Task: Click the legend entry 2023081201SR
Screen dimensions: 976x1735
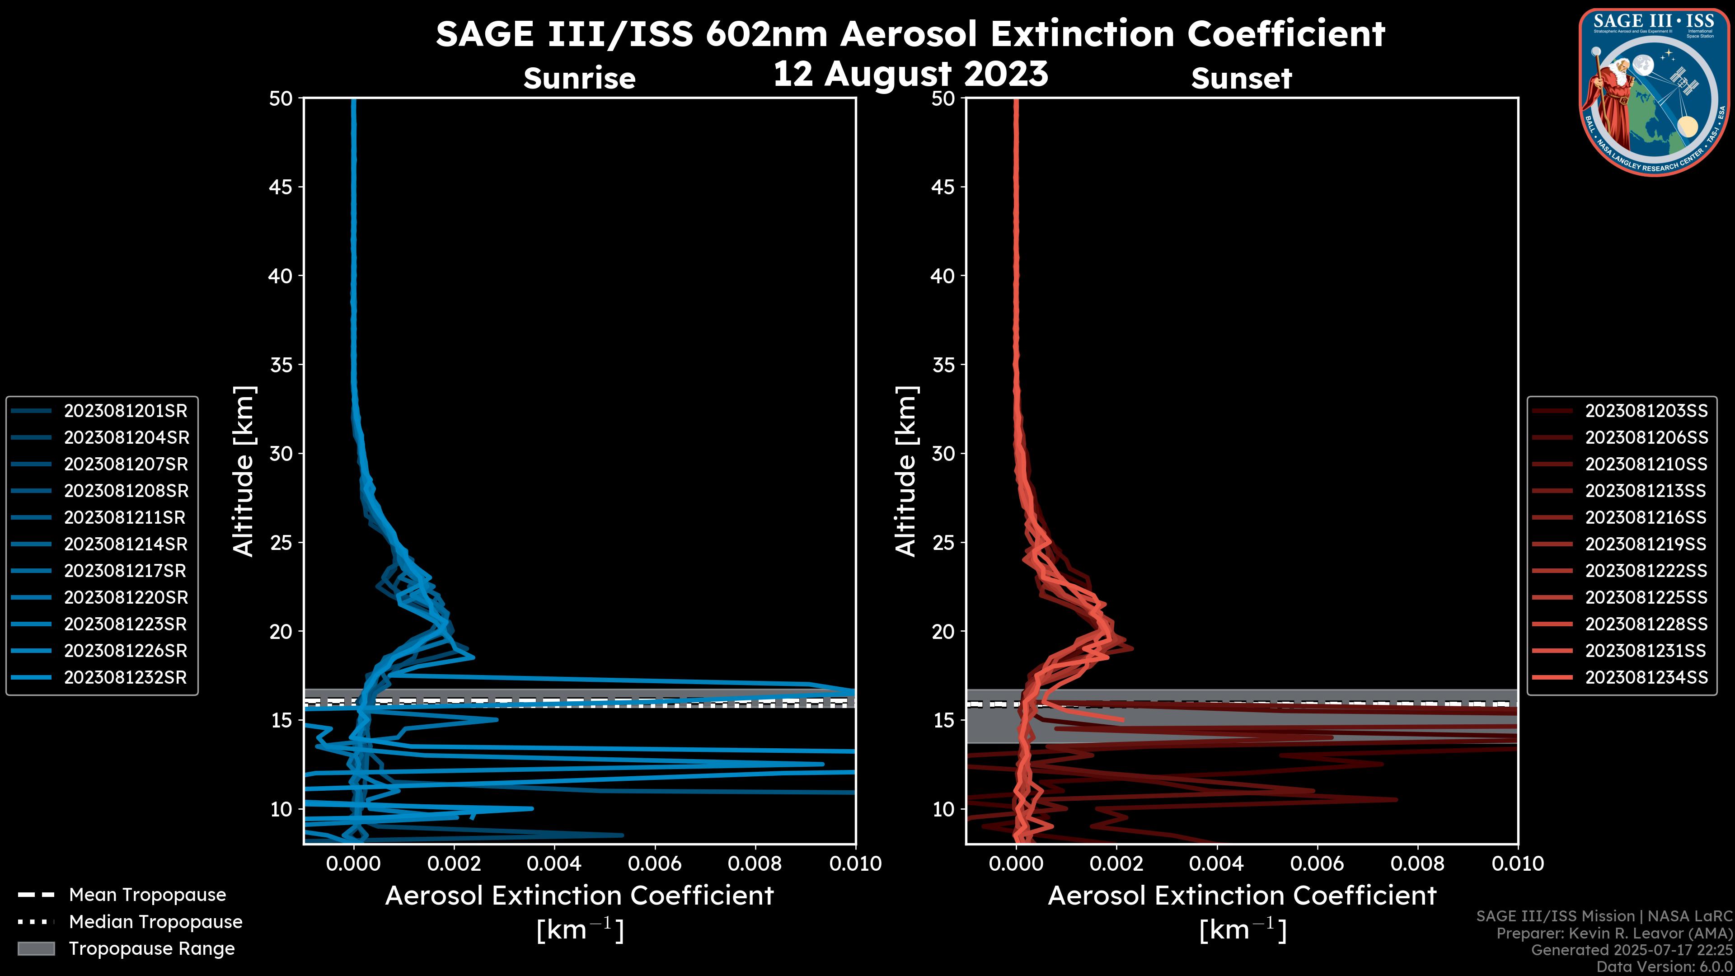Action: [x=125, y=411]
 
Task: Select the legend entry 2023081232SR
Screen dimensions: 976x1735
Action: [x=125, y=678]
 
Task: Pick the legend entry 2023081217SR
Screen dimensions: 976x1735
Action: [x=125, y=571]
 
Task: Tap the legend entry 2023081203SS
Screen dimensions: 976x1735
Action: [x=1646, y=411]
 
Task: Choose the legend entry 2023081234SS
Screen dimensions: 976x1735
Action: [x=1646, y=678]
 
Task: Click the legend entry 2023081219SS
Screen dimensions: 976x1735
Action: [x=1646, y=544]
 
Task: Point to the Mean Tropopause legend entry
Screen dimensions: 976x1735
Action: [x=147, y=895]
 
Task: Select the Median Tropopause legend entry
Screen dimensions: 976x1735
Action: [x=155, y=922]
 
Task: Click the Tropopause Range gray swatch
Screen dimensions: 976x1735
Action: [x=36, y=949]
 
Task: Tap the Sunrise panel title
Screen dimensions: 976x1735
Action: [x=579, y=79]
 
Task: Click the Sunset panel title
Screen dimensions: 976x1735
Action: [x=1241, y=79]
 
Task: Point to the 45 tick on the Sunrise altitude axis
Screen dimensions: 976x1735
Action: [x=281, y=187]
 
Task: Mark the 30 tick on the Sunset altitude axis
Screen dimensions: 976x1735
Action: [x=943, y=454]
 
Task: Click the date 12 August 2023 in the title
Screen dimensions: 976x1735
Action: [x=910, y=74]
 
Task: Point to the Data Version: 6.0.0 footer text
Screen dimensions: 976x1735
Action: [x=1665, y=967]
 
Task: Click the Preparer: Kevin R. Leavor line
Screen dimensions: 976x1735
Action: [x=1614, y=934]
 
